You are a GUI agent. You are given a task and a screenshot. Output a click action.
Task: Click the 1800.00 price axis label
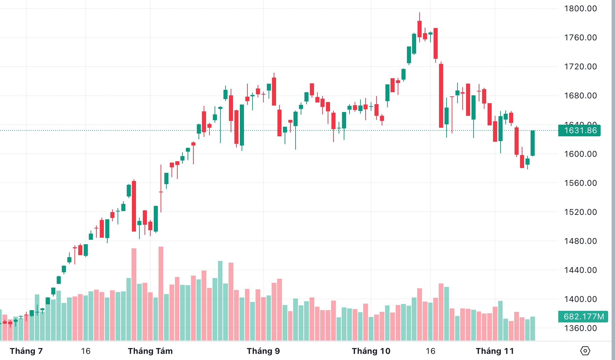click(x=580, y=9)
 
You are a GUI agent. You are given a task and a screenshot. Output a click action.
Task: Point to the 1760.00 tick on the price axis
click(x=580, y=38)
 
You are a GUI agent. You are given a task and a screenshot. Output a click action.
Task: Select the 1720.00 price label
click(x=580, y=67)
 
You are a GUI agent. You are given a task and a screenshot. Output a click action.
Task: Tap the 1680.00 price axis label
click(x=580, y=96)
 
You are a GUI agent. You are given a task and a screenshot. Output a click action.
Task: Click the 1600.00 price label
click(x=580, y=154)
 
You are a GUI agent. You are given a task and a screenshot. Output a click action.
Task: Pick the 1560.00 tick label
click(x=580, y=183)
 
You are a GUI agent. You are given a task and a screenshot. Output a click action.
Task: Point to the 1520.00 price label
click(x=580, y=212)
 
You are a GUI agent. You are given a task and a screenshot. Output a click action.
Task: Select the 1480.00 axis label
click(x=580, y=241)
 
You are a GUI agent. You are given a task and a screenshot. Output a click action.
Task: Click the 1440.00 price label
click(x=580, y=270)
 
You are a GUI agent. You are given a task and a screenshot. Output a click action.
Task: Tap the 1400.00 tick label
click(x=580, y=299)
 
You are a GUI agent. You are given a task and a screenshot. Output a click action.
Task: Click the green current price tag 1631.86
click(x=579, y=130)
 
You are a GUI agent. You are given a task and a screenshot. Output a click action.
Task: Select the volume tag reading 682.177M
click(x=583, y=317)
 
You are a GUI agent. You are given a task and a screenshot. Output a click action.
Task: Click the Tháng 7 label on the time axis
click(x=26, y=351)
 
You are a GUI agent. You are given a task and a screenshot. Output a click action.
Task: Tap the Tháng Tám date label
click(x=150, y=351)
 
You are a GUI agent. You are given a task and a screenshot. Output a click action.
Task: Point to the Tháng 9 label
click(x=263, y=351)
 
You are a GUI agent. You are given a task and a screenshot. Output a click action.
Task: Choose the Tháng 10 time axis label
click(x=371, y=351)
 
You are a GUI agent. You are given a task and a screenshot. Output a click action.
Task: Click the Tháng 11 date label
click(x=495, y=351)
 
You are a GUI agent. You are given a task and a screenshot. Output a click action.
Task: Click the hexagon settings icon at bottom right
click(x=585, y=351)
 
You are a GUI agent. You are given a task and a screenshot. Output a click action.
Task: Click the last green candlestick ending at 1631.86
click(x=533, y=143)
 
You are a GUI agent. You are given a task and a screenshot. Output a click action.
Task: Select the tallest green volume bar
click(x=220, y=301)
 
